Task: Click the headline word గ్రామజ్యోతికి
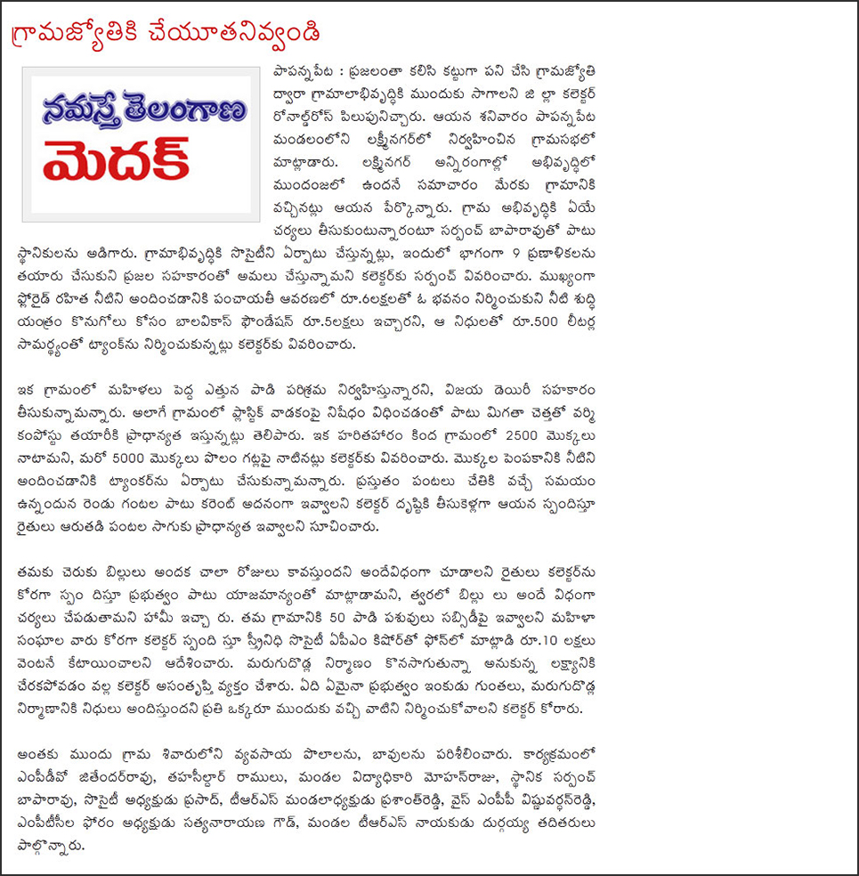pos(85,35)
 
